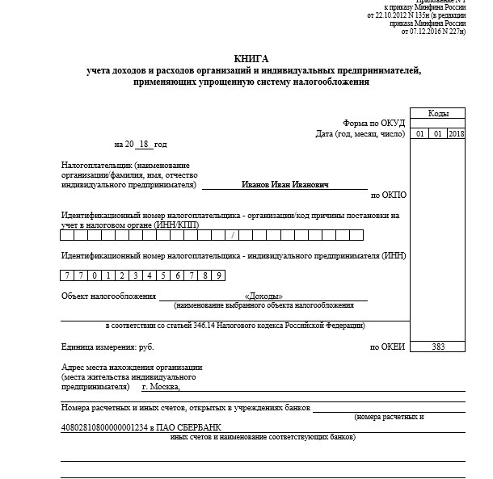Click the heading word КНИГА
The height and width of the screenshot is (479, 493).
pyautogui.click(x=251, y=59)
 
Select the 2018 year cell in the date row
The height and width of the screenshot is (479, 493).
pyautogui.click(x=457, y=133)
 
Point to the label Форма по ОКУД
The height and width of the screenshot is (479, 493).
pyautogui.click(x=373, y=123)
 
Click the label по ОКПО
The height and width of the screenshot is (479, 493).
pyautogui.click(x=388, y=195)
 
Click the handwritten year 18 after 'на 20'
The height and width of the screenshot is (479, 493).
pyautogui.click(x=144, y=144)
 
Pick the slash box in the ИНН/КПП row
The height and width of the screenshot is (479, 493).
pyautogui.click(x=232, y=235)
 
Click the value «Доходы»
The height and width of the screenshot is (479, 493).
pyautogui.click(x=263, y=296)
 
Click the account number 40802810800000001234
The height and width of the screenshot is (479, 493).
pyautogui.click(x=106, y=426)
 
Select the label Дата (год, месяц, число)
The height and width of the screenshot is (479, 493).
pyautogui.click(x=360, y=133)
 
